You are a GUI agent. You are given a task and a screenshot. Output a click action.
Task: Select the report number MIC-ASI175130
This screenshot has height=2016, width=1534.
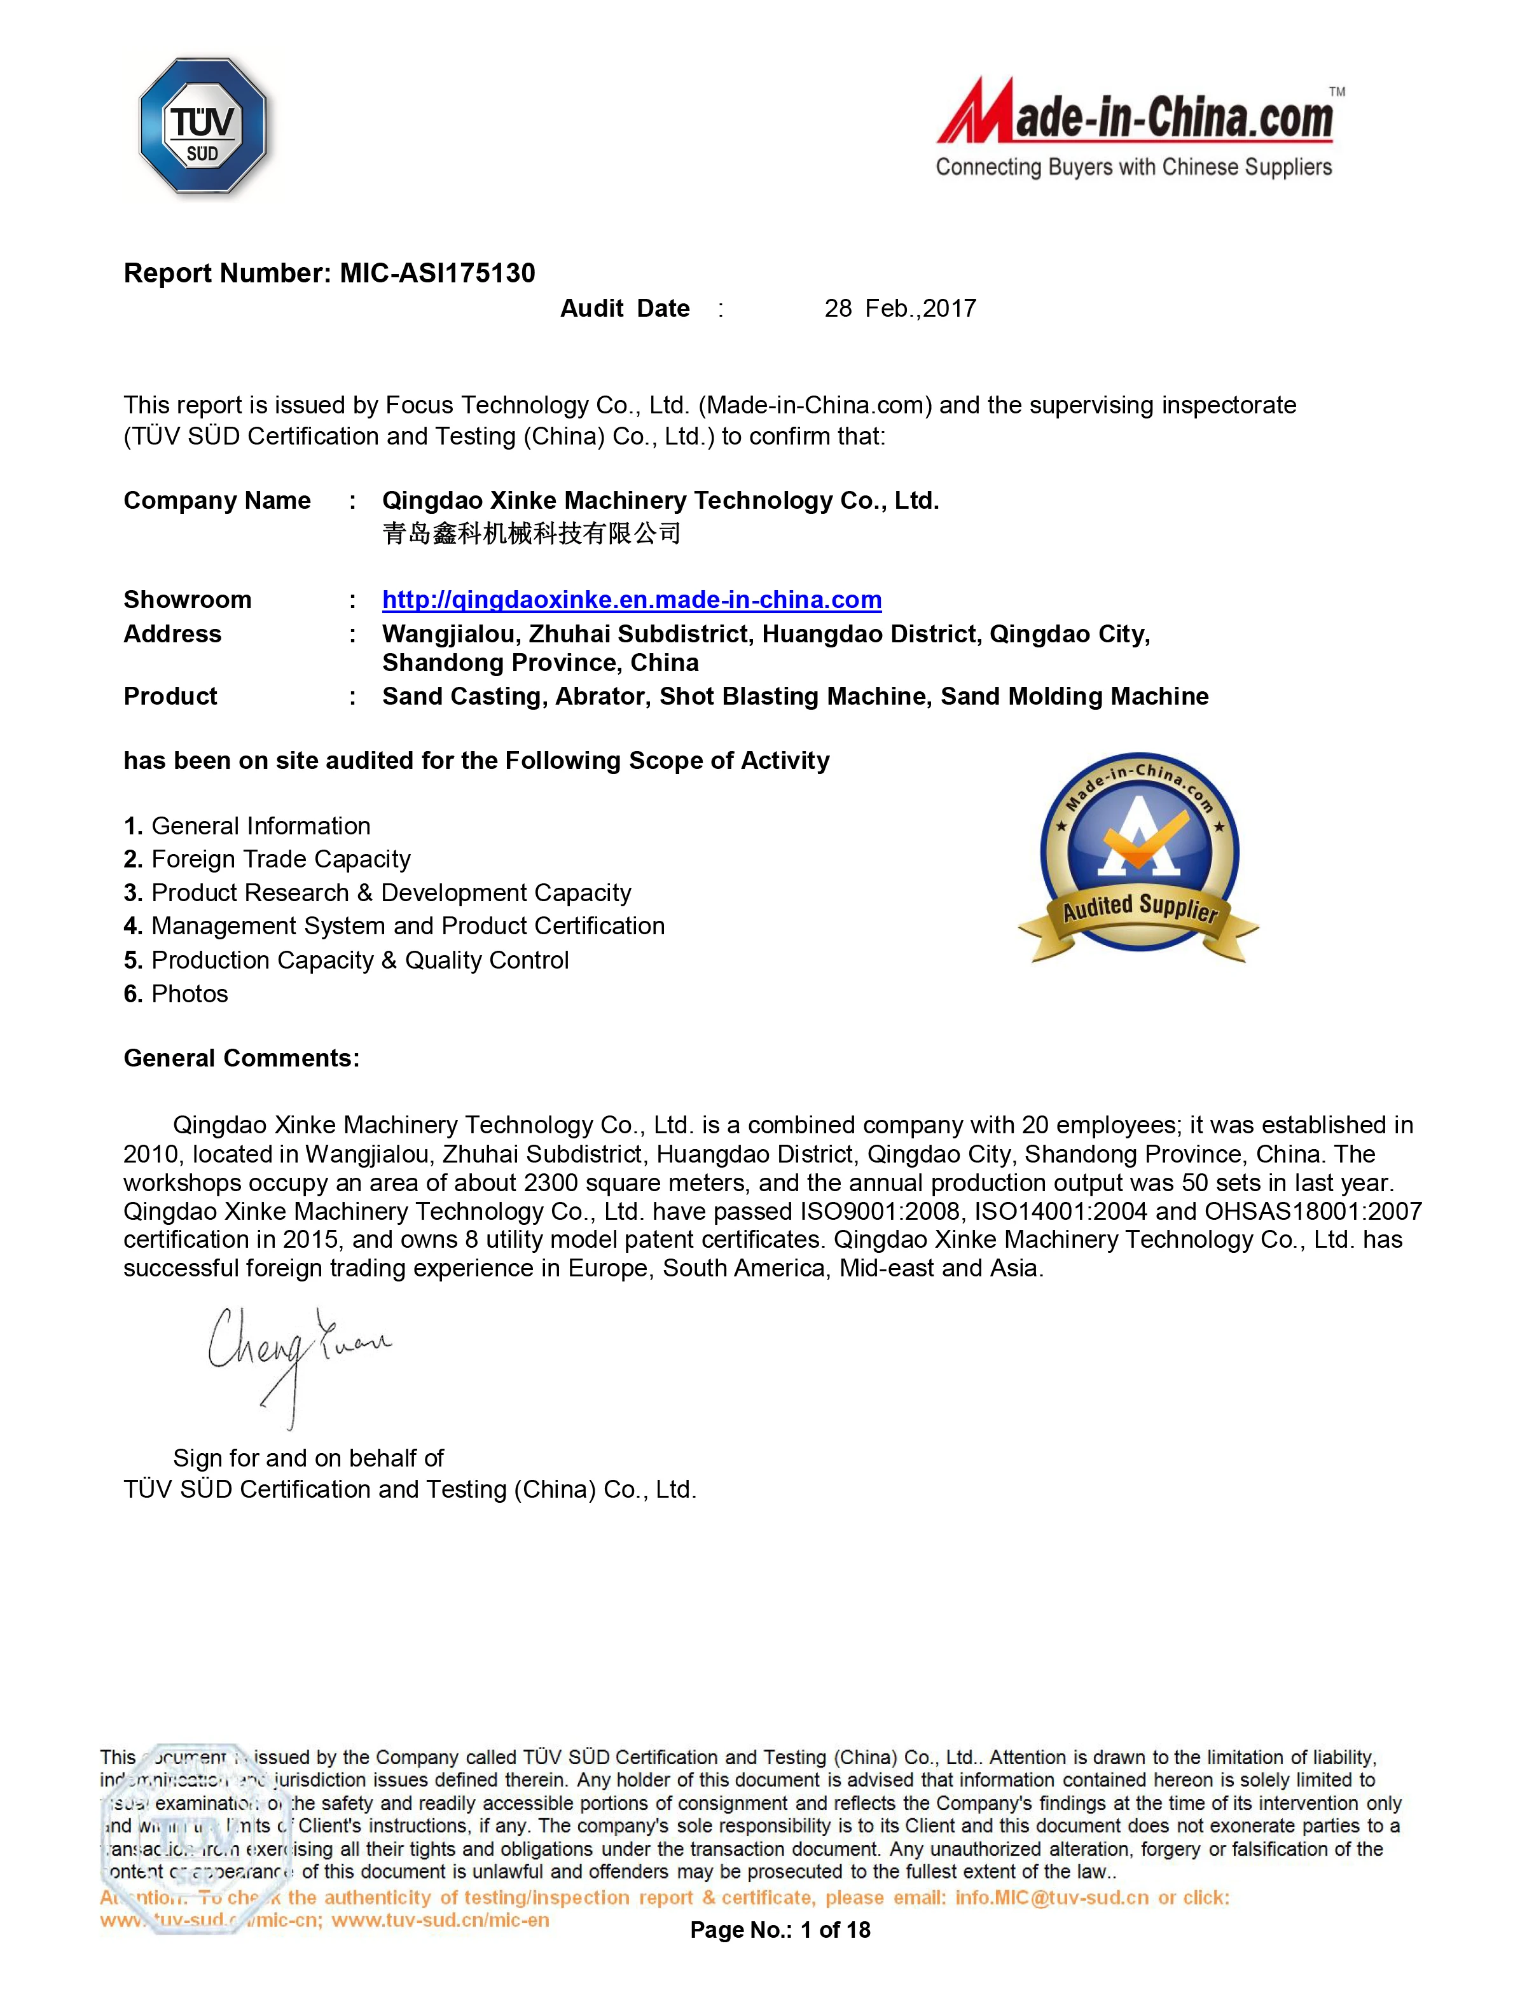click(x=438, y=273)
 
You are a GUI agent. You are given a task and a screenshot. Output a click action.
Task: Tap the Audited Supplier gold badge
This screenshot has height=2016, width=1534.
click(x=1138, y=859)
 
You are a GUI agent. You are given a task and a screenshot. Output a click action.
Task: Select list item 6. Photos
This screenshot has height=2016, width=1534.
click(x=176, y=993)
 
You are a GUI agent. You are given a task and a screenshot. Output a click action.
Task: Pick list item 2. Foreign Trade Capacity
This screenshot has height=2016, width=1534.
click(x=268, y=859)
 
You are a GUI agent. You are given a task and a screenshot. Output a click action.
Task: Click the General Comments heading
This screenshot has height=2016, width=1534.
click(x=241, y=1058)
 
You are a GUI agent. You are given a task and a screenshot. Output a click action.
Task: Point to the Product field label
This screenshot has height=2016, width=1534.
click(x=170, y=696)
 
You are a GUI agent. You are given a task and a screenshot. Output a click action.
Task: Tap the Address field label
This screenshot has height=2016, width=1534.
click(x=172, y=635)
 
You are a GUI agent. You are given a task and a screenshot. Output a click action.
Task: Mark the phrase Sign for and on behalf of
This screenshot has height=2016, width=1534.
click(x=308, y=1458)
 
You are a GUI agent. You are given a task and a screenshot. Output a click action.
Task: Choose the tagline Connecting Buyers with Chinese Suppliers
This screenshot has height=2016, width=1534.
click(x=1133, y=167)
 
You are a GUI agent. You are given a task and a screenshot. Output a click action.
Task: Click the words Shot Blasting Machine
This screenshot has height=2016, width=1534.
click(x=792, y=696)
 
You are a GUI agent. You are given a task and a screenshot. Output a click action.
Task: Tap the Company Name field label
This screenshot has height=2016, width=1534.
click(x=218, y=501)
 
